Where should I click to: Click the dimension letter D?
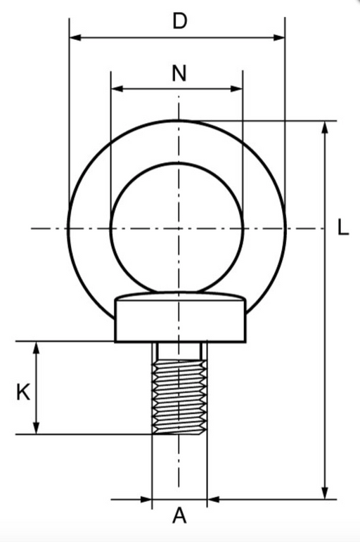[x=180, y=21]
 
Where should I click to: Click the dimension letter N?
[x=179, y=73]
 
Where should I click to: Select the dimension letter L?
[x=343, y=228]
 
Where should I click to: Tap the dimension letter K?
[x=23, y=393]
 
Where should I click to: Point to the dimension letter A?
[x=179, y=515]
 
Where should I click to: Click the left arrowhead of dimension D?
[x=75, y=37]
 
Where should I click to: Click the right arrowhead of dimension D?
[x=279, y=37]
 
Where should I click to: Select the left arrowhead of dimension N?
[x=117, y=89]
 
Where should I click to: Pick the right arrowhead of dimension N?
[x=236, y=89]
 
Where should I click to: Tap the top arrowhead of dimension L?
[x=325, y=127]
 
